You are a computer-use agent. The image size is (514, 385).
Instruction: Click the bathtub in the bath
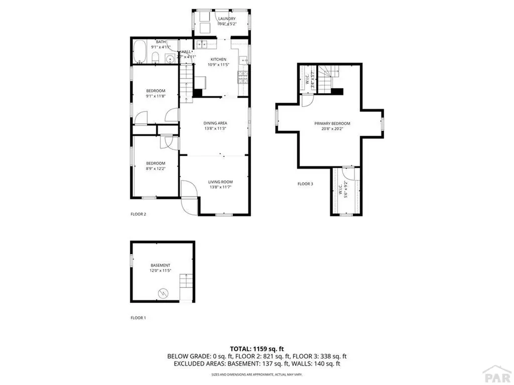coord(140,53)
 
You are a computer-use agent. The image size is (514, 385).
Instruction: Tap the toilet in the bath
coord(156,57)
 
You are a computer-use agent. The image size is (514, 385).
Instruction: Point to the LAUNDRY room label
coord(226,19)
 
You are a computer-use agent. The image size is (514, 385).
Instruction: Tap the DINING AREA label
coord(215,123)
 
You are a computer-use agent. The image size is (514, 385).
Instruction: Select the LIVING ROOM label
coord(221,182)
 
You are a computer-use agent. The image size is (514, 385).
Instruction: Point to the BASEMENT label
coord(161,265)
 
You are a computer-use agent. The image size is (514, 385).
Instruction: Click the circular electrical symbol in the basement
coord(163,292)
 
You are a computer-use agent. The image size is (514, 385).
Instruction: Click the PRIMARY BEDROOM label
coord(332,123)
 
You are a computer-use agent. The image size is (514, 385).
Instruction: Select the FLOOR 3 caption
coord(305,184)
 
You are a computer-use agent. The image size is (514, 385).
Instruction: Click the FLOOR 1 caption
coord(138,318)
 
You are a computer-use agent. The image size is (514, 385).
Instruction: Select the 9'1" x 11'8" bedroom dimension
coord(156,96)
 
